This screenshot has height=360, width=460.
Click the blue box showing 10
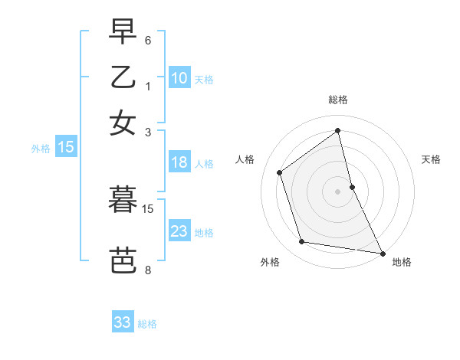coord(179,77)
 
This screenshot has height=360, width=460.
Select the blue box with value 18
coord(179,162)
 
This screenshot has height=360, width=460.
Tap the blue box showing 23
coord(179,231)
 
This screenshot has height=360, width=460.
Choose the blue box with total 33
coord(123,322)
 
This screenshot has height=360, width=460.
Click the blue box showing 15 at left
coord(66,148)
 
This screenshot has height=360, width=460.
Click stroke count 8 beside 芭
coord(148,270)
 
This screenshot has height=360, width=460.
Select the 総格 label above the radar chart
coord(338,100)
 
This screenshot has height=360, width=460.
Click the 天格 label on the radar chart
coord(431,159)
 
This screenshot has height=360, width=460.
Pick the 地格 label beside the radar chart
coord(402,262)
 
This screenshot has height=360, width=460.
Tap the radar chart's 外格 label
coord(270,262)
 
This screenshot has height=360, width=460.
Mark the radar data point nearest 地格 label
coord(382,253)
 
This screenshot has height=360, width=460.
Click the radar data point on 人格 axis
coord(279,172)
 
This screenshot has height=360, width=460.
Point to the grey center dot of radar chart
coord(338,191)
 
